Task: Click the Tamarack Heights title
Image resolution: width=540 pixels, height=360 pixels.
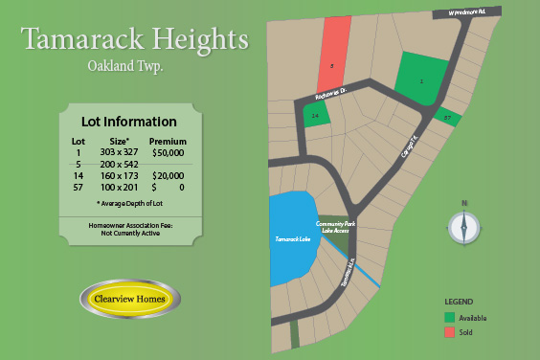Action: point(134,40)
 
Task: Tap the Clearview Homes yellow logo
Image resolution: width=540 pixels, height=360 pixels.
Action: point(129,299)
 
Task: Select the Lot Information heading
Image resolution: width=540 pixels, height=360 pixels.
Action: point(128,123)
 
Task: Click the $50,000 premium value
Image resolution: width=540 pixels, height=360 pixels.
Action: point(168,152)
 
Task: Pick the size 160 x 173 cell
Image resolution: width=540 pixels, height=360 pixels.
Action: point(119,176)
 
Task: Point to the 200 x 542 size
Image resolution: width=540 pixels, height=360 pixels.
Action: point(119,165)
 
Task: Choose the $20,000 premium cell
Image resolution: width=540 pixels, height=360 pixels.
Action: point(168,176)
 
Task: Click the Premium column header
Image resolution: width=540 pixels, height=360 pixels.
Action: point(168,141)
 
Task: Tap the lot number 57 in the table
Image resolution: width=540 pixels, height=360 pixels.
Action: point(79,188)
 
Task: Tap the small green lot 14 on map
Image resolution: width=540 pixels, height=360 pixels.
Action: point(317,114)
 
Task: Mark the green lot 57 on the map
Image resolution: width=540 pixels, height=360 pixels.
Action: point(447,118)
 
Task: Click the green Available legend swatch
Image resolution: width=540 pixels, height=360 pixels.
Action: point(449,317)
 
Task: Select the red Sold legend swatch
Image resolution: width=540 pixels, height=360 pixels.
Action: point(449,332)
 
